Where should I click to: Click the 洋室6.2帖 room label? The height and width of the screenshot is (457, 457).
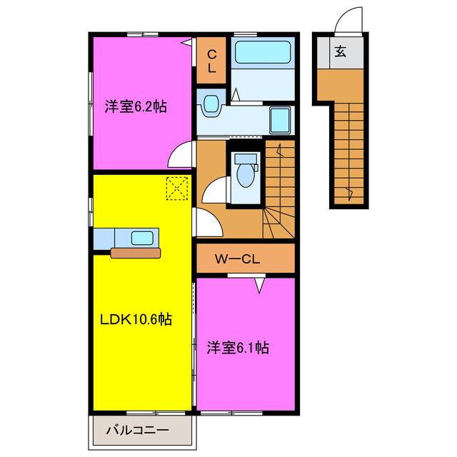pyautogui.click(x=136, y=107)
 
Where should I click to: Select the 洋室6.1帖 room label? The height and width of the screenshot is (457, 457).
pyautogui.click(x=238, y=348)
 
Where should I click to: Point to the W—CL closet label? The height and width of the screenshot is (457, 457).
pyautogui.click(x=238, y=258)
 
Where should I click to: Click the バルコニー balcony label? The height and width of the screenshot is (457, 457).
pyautogui.click(x=137, y=431)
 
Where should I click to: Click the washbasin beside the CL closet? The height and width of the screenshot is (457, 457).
pyautogui.click(x=211, y=106)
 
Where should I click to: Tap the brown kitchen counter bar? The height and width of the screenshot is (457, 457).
pyautogui.click(x=137, y=251)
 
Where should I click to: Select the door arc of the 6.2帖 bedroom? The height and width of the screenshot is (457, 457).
pyautogui.click(x=182, y=154)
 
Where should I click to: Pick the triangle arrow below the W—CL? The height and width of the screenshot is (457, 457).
pyautogui.click(x=260, y=285)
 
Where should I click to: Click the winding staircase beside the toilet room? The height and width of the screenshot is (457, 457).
pyautogui.click(x=278, y=189)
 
